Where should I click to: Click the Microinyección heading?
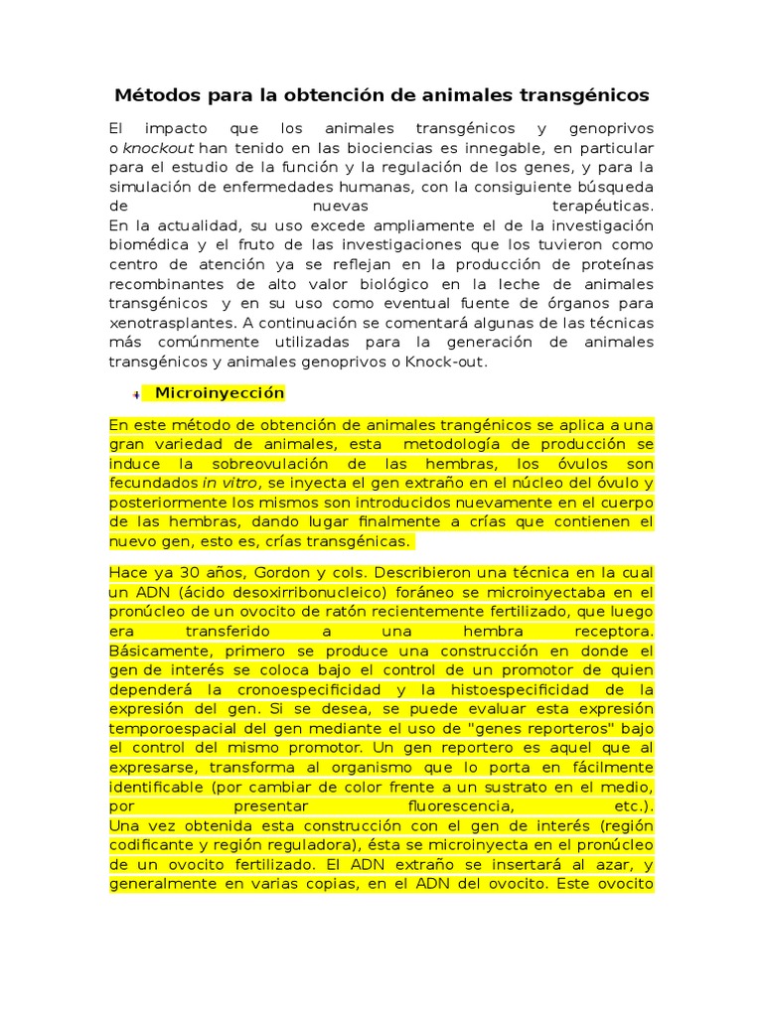tap(220, 393)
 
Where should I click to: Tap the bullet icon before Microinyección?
tap(135, 394)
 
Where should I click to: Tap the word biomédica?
tap(151, 245)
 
